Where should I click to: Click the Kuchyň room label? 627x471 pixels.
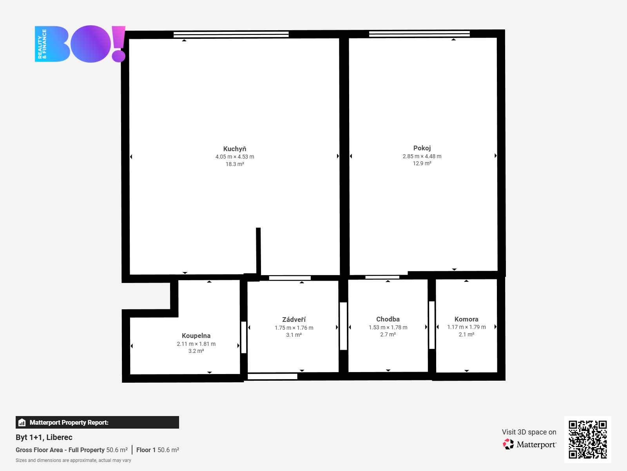pyautogui.click(x=234, y=149)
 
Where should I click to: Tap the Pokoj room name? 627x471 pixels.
pyautogui.click(x=422, y=148)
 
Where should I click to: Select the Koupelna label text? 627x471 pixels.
pyautogui.click(x=196, y=336)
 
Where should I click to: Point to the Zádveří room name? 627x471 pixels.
pyautogui.click(x=294, y=320)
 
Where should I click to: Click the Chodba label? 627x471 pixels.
pyautogui.click(x=388, y=319)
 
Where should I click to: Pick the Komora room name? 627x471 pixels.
pyautogui.click(x=466, y=319)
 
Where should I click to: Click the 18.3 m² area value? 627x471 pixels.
pyautogui.click(x=235, y=164)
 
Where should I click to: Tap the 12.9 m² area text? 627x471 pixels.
pyautogui.click(x=422, y=163)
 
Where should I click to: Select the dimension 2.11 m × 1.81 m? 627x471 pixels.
pyautogui.click(x=196, y=344)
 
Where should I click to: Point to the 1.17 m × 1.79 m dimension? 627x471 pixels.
pyautogui.click(x=466, y=327)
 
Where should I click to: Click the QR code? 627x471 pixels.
pyautogui.click(x=587, y=440)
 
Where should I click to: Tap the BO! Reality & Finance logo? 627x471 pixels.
pyautogui.click(x=80, y=44)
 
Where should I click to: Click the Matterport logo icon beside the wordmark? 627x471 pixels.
pyautogui.click(x=508, y=444)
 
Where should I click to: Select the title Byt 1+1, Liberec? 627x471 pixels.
pyautogui.click(x=44, y=437)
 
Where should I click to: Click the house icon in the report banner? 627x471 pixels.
pyautogui.click(x=22, y=422)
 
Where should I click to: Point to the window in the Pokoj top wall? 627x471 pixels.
pyautogui.click(x=419, y=34)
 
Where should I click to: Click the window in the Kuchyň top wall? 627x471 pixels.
pyautogui.click(x=231, y=35)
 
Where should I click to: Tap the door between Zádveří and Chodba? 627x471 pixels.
pyautogui.click(x=343, y=326)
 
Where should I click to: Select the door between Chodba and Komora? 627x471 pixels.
pyautogui.click(x=432, y=325)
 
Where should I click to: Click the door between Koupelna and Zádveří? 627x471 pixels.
pyautogui.click(x=244, y=338)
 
